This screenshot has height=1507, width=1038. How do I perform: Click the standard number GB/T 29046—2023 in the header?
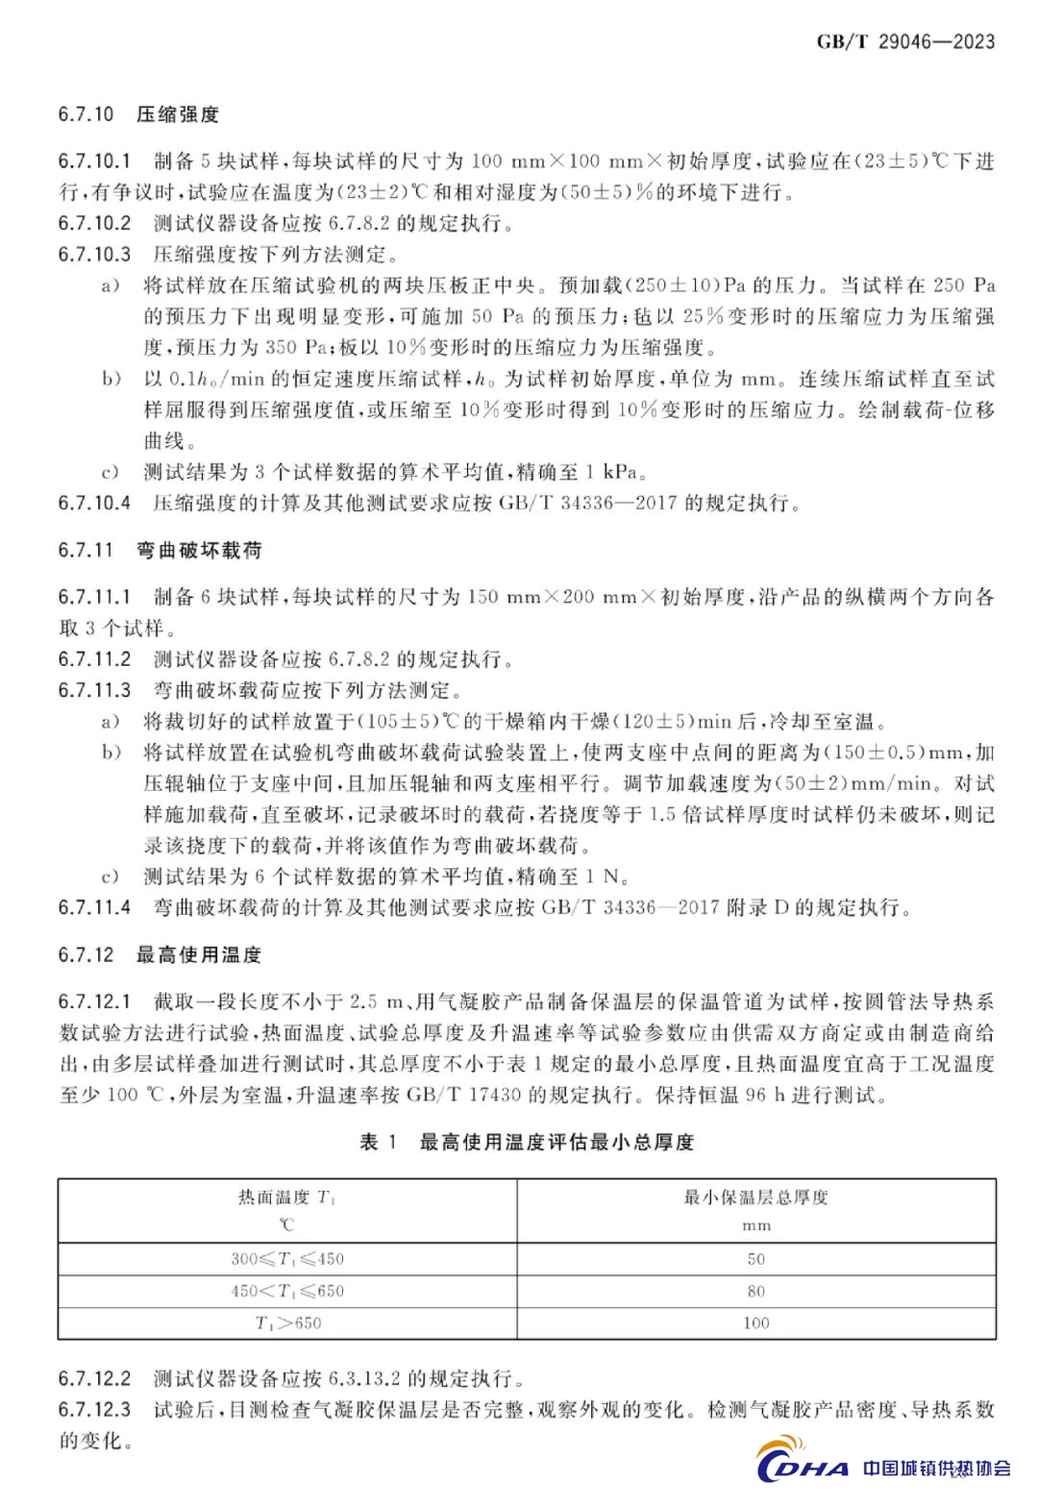[x=905, y=41]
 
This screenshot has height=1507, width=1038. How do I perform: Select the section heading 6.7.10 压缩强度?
[x=138, y=114]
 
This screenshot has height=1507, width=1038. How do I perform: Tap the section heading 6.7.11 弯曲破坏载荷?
[x=160, y=551]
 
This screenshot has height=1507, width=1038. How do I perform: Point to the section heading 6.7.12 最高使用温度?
[x=160, y=955]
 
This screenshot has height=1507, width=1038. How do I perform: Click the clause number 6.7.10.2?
[x=94, y=224]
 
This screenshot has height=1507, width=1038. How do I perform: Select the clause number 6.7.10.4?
[x=94, y=503]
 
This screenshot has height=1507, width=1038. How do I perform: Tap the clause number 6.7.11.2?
[x=94, y=659]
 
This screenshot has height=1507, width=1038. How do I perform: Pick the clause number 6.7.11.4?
[x=94, y=907]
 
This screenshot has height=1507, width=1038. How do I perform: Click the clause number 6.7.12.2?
[x=94, y=1378]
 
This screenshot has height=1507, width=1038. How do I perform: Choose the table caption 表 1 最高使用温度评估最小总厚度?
[x=527, y=1142]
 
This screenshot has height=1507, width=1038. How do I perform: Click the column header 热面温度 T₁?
[x=286, y=1198]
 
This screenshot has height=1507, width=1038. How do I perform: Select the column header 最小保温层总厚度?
[x=755, y=1198]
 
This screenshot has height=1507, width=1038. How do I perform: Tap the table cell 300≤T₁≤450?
[x=286, y=1259]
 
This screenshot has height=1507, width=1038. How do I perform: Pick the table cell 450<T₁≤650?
[x=286, y=1291]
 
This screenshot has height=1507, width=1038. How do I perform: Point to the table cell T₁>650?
[x=287, y=1322]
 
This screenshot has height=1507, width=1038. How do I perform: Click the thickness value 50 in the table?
[x=755, y=1259]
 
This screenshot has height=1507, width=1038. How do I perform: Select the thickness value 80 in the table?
[x=755, y=1291]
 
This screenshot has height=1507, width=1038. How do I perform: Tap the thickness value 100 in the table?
[x=755, y=1322]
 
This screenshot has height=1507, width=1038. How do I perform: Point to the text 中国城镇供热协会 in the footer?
[x=936, y=1468]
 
